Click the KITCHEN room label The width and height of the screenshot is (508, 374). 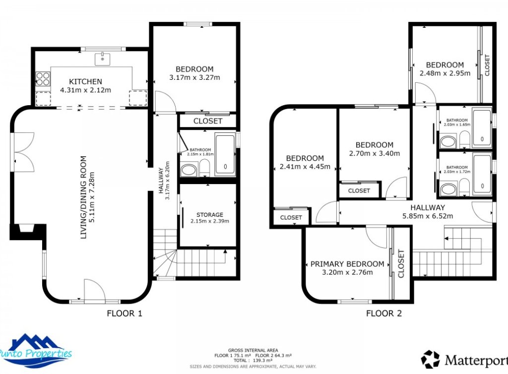[85, 81]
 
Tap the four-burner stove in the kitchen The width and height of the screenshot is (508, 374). [43, 79]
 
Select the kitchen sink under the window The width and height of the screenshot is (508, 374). [103, 59]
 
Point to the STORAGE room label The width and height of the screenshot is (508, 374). [209, 215]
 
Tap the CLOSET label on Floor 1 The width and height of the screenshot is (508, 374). [208, 121]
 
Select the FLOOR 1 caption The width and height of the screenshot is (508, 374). [125, 313]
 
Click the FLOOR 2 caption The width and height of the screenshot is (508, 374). [383, 313]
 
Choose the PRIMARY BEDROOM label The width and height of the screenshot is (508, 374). [347, 264]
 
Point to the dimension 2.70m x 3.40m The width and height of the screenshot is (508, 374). [375, 153]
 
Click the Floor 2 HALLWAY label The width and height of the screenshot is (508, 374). [428, 207]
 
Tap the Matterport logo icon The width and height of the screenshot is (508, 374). [430, 359]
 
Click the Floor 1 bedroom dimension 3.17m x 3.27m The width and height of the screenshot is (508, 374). [194, 77]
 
